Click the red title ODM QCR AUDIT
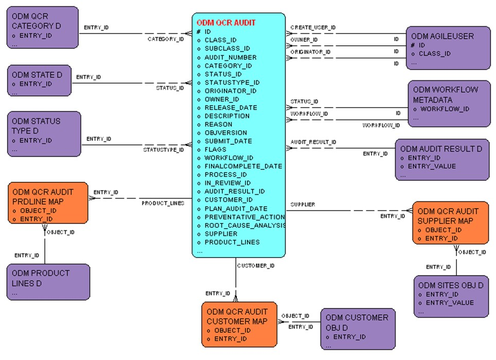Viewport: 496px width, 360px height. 226,23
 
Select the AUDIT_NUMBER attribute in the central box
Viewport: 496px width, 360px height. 230,57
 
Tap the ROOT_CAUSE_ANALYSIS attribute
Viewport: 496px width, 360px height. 244,225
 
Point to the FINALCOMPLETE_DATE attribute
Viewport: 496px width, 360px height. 243,166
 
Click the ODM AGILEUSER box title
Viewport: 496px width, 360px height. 442,37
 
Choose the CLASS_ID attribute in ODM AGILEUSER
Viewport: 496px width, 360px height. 434,54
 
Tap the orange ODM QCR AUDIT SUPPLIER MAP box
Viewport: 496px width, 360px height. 450,222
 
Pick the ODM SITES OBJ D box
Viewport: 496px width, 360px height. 451,296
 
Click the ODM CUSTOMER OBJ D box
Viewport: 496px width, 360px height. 357,328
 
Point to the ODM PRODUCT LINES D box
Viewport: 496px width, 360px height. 48,282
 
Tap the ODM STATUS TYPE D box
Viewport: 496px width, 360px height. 44,133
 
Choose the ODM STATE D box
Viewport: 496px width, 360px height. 44,80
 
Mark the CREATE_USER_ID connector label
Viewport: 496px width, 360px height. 313,27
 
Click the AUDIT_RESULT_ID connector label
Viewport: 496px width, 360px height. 313,142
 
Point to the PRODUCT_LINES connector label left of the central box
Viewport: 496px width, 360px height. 163,203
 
